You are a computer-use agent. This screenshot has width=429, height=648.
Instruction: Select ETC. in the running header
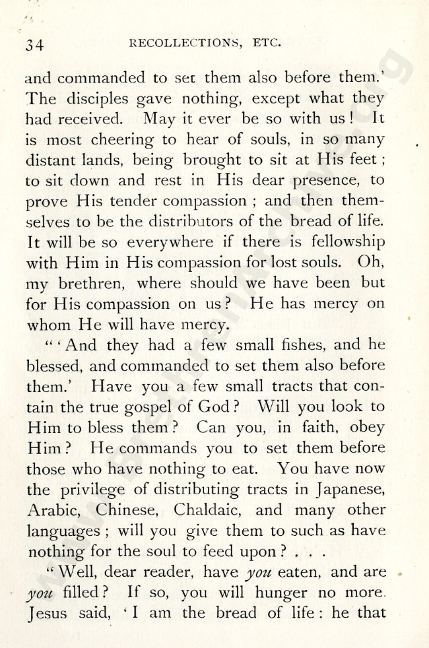click(x=267, y=44)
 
